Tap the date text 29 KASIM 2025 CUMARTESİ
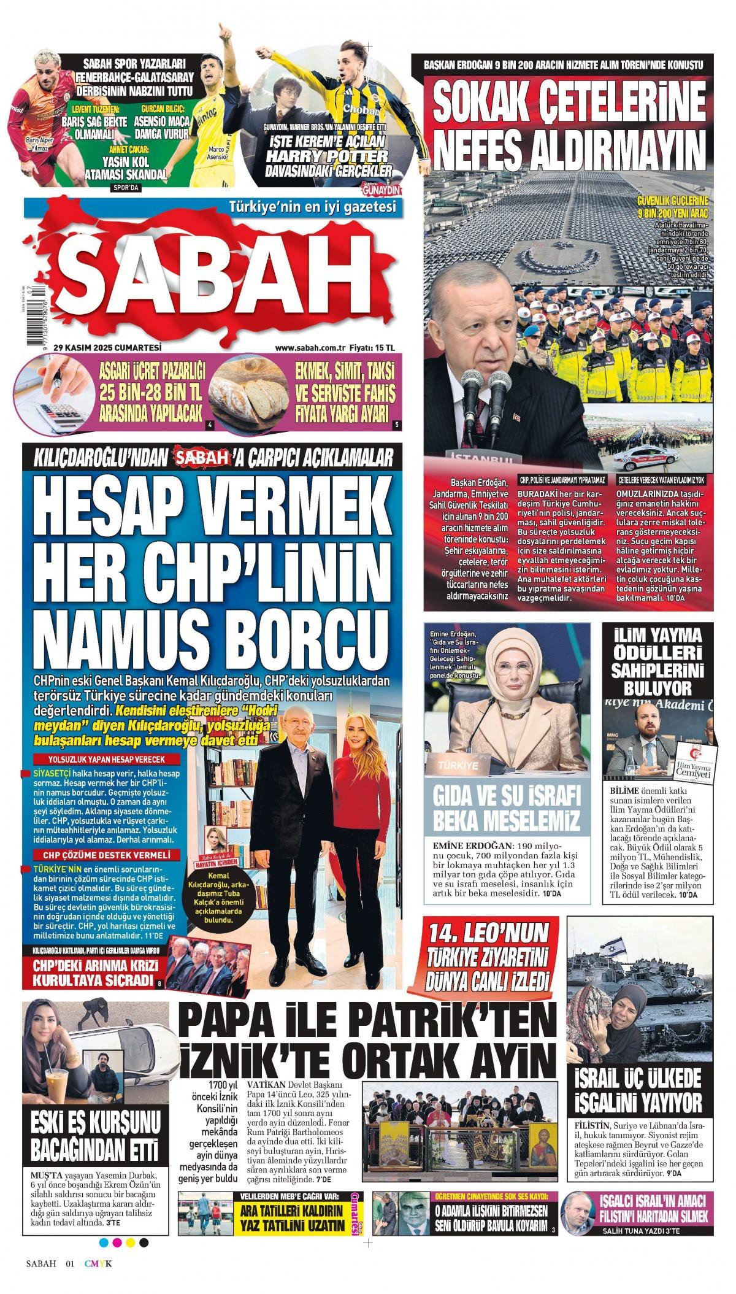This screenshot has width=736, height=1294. click(x=107, y=347)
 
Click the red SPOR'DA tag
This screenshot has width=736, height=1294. click(x=126, y=188)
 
